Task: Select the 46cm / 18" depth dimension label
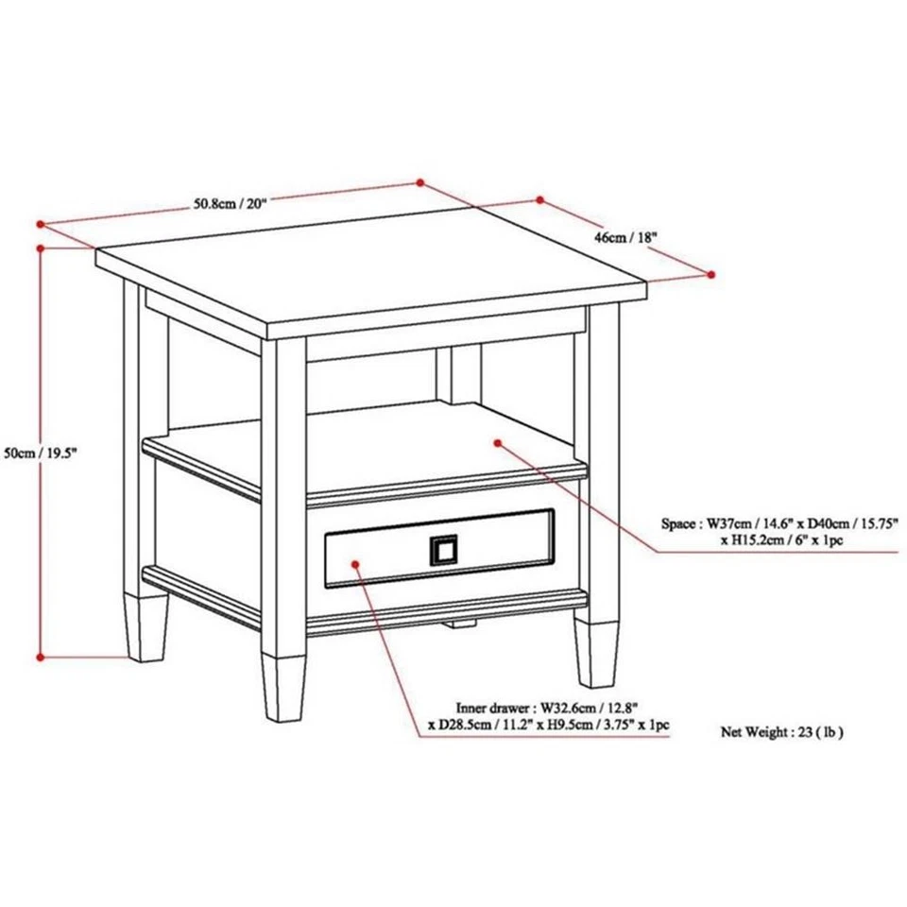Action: click(625, 238)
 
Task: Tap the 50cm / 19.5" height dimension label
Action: click(39, 453)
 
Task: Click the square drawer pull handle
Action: click(443, 549)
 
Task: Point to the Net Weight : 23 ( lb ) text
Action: click(782, 731)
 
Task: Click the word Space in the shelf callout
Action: click(680, 522)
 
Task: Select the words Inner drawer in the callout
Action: click(494, 706)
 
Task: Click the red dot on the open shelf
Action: click(497, 441)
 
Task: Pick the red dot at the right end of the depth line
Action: click(711, 274)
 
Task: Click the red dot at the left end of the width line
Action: click(40, 225)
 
